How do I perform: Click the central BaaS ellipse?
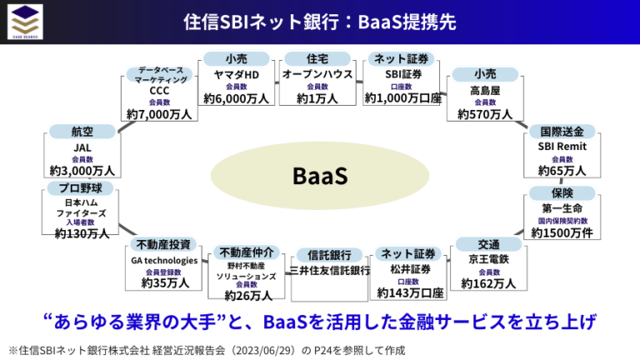point(319,177)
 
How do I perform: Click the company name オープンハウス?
point(317,73)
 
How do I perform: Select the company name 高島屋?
point(486,89)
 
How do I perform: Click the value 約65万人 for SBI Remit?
point(562,171)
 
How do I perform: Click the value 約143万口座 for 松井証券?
point(409,292)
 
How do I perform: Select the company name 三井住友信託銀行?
point(329,271)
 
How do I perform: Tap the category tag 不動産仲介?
point(244,252)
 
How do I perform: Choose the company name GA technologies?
point(164,259)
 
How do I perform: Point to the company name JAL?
point(82,147)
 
